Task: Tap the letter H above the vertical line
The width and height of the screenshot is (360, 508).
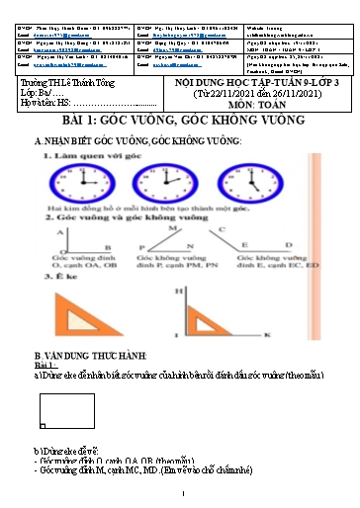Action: coord(179,293)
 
